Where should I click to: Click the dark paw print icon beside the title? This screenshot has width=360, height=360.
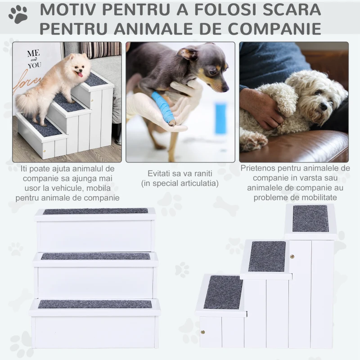click(x=18, y=14)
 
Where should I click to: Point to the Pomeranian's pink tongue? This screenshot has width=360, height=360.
click(x=81, y=75)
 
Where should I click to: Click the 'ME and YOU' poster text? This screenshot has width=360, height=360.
click(x=35, y=59)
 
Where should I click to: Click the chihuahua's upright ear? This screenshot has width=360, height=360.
click(x=188, y=53)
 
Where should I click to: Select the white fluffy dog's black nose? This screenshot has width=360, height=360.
click(x=324, y=106)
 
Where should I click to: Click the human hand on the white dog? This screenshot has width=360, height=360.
click(x=261, y=105)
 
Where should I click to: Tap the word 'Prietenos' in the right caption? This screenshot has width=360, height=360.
click(x=258, y=168)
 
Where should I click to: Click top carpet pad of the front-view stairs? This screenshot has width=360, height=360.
click(x=95, y=211)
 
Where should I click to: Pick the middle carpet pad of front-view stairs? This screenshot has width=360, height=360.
click(x=96, y=256)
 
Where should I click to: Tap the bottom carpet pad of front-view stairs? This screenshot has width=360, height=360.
click(x=95, y=304)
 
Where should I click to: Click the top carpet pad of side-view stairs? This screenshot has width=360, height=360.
click(x=310, y=218)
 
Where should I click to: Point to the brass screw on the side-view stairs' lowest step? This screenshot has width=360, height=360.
click(x=203, y=332)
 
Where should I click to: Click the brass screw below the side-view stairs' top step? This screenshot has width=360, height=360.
click(x=292, y=256)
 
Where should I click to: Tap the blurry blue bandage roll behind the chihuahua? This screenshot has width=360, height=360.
click(x=220, y=119)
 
